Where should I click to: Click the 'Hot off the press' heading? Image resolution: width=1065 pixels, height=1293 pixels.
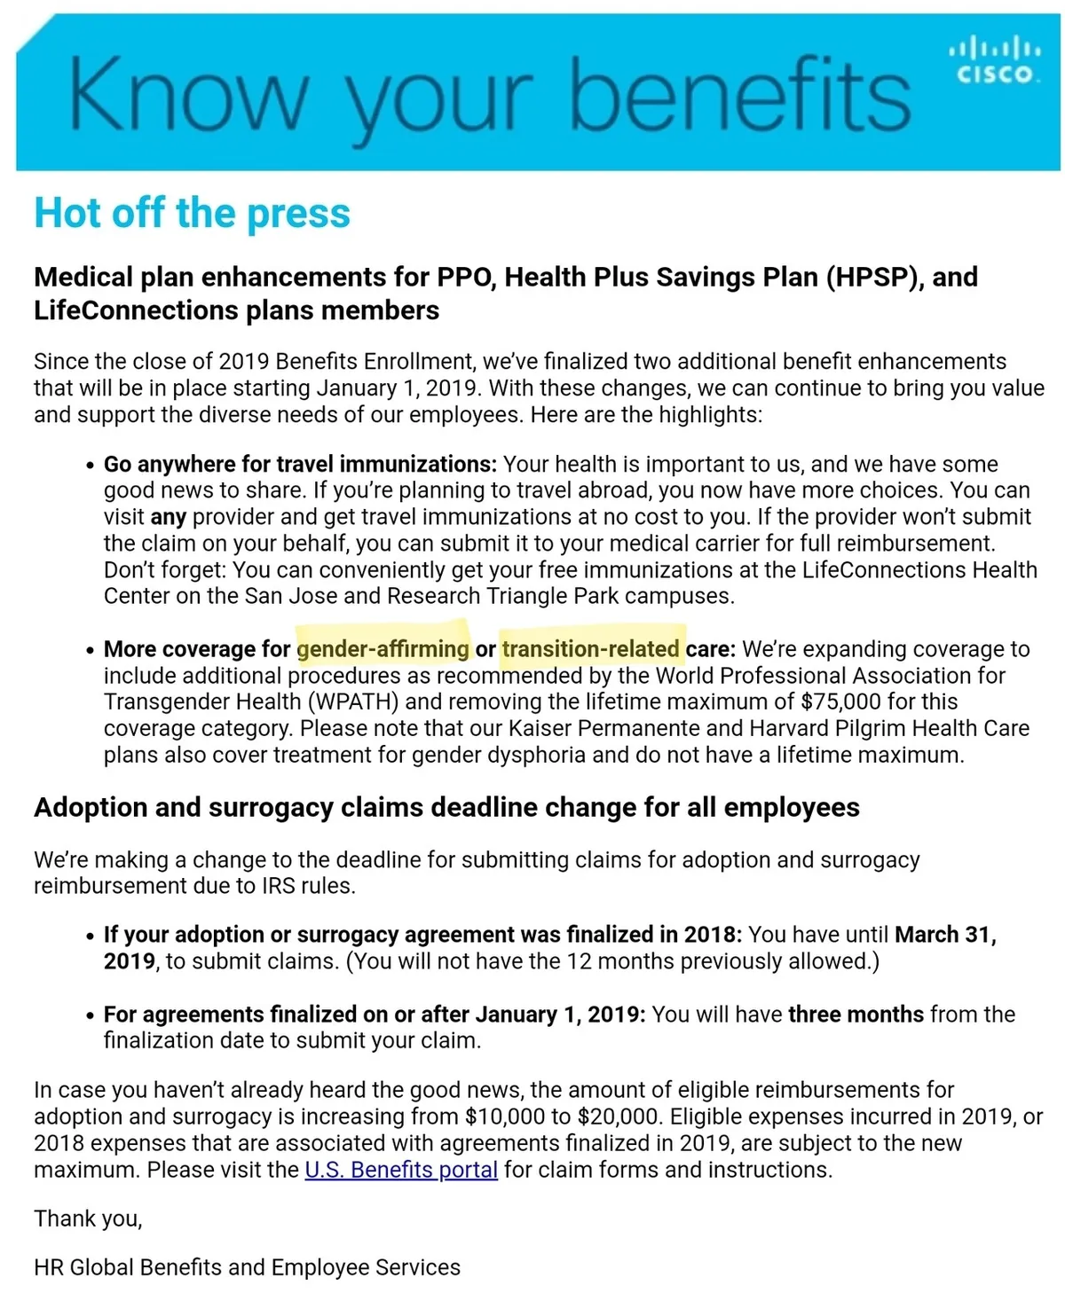click(192, 213)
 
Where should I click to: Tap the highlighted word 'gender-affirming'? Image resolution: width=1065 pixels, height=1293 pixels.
click(383, 648)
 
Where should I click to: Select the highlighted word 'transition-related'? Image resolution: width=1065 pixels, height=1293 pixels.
click(590, 648)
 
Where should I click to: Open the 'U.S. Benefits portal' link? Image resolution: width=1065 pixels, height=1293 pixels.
click(400, 1170)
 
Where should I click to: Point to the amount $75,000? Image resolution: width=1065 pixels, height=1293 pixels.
click(840, 701)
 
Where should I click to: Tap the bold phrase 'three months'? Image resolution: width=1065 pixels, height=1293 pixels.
click(856, 1014)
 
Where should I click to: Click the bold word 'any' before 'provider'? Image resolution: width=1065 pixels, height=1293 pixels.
click(168, 516)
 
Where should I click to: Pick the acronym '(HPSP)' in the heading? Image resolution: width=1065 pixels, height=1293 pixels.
click(874, 277)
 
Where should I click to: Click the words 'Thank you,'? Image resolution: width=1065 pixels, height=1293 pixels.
click(88, 1219)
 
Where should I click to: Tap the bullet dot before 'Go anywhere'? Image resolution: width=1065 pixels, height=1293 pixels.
click(90, 466)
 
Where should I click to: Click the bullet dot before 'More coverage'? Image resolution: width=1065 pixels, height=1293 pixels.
click(90, 650)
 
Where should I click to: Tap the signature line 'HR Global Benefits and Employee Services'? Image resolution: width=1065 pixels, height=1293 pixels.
click(247, 1267)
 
